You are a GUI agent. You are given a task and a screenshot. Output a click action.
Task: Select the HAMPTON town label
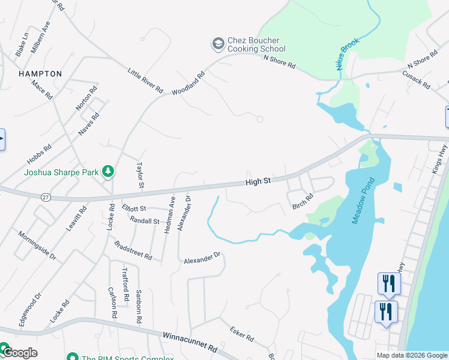(40, 73)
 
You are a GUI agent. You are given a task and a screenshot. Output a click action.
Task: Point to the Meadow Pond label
(363, 201)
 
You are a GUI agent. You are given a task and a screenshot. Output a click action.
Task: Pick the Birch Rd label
(303, 201)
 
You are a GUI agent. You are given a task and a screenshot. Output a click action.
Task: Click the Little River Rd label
(145, 80)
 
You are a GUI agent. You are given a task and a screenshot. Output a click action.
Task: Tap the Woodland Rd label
(188, 83)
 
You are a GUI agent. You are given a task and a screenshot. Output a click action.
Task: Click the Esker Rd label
(241, 334)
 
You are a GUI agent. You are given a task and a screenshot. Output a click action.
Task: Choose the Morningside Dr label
(37, 245)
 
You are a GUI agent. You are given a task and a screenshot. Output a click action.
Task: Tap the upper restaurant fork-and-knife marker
(387, 283)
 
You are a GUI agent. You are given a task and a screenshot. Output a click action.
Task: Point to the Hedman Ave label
(170, 215)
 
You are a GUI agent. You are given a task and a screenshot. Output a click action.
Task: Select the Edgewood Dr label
(29, 309)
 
